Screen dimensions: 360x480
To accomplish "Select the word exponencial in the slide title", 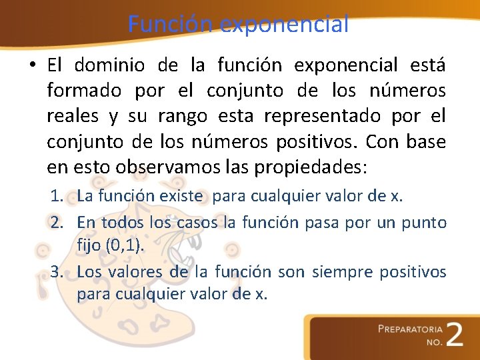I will tap(284, 24).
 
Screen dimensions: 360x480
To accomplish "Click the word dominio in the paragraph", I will tap(107, 65).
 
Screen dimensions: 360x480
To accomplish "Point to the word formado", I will tap(84, 91).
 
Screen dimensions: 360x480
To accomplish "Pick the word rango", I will tap(182, 116).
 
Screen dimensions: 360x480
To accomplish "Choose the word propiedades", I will tap(311, 167).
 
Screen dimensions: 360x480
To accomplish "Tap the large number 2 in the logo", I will tap(455, 335).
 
